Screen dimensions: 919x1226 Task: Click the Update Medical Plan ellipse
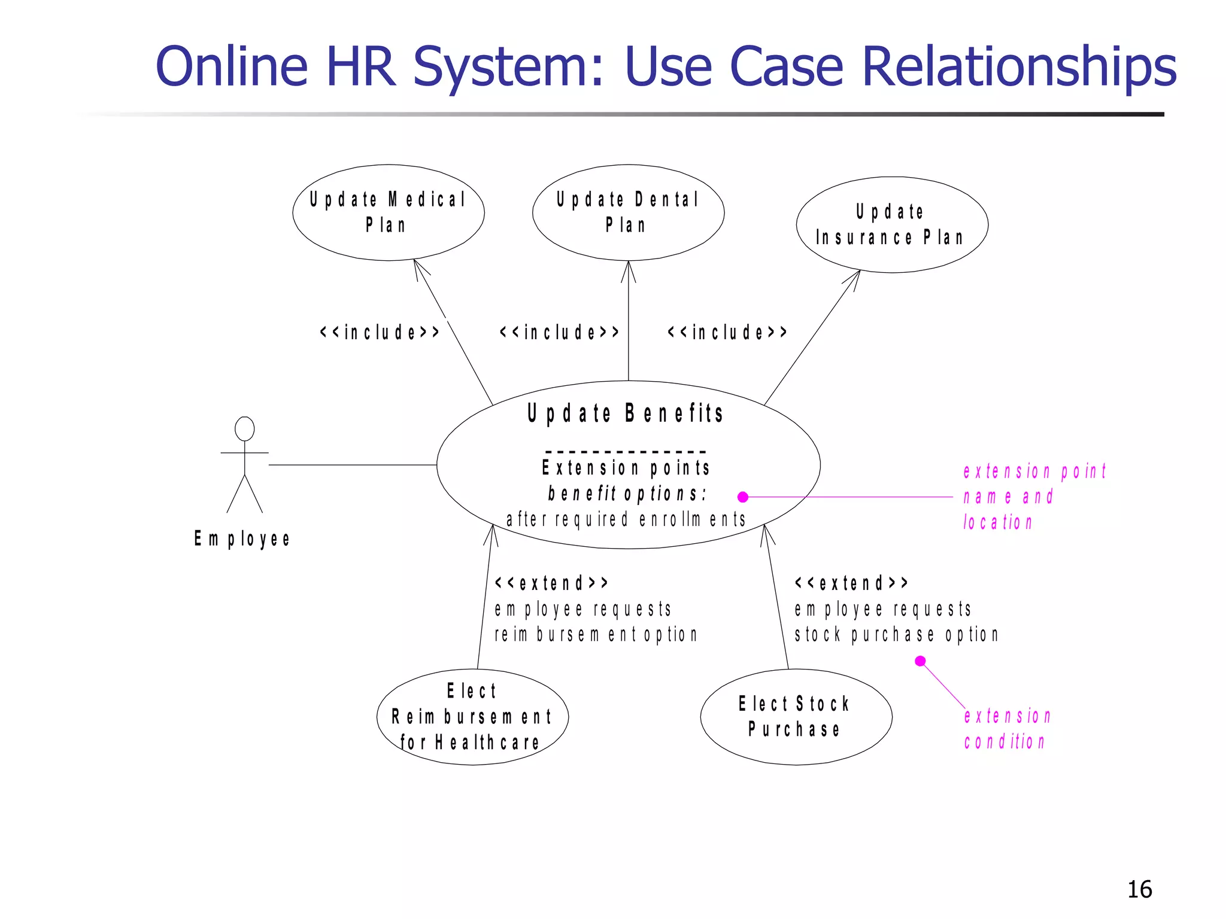(x=388, y=212)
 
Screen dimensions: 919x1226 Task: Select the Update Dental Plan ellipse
(x=628, y=212)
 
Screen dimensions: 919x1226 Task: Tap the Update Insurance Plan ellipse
(x=891, y=225)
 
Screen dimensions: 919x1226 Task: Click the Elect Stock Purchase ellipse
(x=796, y=717)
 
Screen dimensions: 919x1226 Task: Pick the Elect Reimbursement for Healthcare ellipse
(x=472, y=717)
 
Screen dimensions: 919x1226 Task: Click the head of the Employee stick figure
(x=244, y=429)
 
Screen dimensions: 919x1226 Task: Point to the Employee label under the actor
(x=242, y=539)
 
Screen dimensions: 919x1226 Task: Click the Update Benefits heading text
(x=626, y=413)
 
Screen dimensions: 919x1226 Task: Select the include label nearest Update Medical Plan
(x=380, y=332)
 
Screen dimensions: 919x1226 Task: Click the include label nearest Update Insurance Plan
(x=727, y=332)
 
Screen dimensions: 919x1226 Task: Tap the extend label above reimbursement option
(x=551, y=583)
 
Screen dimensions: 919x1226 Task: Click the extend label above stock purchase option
(x=851, y=583)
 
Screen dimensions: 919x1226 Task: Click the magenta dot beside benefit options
(x=743, y=497)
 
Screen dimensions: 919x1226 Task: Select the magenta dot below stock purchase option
(x=921, y=661)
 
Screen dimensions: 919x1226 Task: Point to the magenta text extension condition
(x=1007, y=729)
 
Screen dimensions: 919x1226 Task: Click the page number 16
(x=1139, y=890)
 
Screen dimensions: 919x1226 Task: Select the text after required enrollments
(x=626, y=519)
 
